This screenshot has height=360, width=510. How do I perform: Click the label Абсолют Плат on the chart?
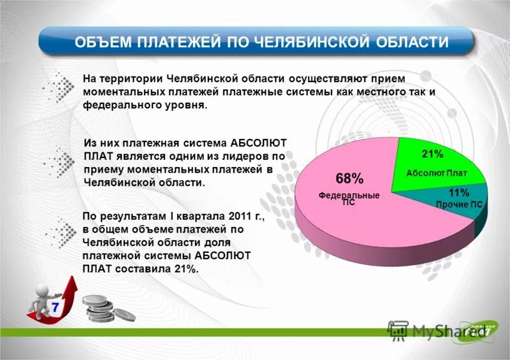point(437,173)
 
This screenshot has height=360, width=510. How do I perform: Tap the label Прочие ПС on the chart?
point(459,205)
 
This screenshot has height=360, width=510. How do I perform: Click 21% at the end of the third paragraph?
point(185,269)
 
